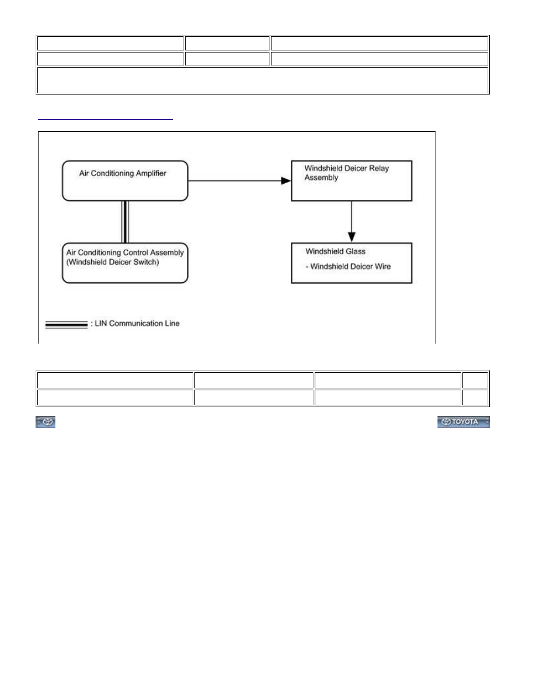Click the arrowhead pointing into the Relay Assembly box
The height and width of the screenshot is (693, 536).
click(286, 181)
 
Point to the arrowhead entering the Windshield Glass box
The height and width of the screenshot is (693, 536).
click(351, 237)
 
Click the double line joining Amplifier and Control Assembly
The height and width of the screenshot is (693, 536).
click(125, 222)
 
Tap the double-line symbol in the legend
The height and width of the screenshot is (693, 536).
click(67, 325)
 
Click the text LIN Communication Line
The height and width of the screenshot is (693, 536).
click(137, 324)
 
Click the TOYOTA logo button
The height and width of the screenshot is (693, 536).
click(464, 422)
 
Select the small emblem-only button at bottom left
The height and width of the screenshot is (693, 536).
click(46, 422)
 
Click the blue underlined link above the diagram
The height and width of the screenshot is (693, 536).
click(105, 120)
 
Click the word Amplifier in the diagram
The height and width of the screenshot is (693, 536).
click(151, 174)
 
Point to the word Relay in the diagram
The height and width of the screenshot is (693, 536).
click(379, 169)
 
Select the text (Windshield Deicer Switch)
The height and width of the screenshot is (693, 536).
click(113, 262)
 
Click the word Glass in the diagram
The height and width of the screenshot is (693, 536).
click(356, 251)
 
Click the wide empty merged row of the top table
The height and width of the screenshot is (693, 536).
click(263, 80)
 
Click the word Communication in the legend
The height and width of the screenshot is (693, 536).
click(135, 324)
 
